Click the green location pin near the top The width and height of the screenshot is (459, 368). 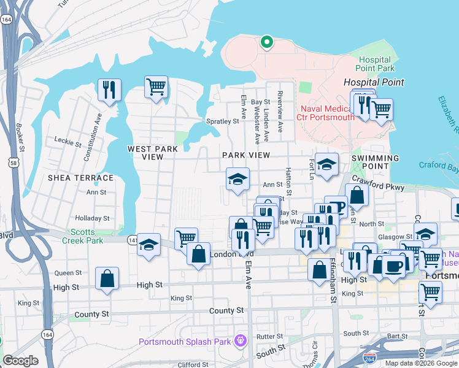266,42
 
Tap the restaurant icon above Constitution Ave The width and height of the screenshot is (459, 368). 109,90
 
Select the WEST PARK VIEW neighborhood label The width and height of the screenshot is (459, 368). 152,153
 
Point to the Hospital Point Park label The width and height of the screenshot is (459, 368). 376,64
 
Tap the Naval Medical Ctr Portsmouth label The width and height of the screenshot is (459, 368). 326,113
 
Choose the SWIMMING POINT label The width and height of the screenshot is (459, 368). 375,162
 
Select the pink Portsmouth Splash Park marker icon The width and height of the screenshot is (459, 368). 240,339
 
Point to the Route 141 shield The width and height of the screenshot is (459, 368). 133,241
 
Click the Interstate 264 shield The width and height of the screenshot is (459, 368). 369,357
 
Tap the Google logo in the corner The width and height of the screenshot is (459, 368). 20,360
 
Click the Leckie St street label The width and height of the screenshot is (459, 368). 68,145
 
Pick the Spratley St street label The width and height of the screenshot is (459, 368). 222,121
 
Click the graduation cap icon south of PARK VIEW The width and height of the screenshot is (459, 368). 237,179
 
